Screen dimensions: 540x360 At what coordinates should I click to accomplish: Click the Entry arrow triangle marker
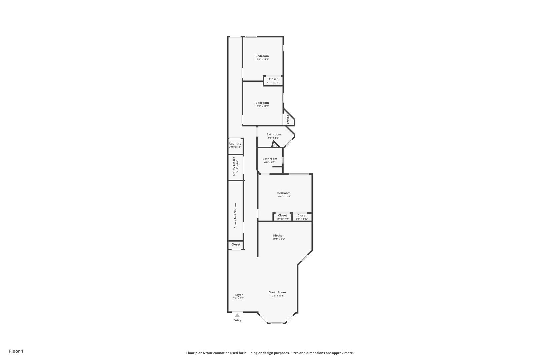(237, 315)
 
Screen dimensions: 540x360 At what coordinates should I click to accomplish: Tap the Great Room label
(277, 292)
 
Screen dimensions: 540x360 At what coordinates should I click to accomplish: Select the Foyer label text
(239, 295)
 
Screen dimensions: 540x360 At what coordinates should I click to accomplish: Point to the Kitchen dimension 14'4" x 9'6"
(279, 239)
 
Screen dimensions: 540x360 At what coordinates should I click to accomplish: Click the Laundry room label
(235, 143)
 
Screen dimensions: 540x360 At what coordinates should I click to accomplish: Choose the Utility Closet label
(234, 166)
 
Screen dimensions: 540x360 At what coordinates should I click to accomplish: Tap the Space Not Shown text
(235, 216)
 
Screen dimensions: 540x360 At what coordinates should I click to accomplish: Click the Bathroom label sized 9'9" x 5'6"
(274, 134)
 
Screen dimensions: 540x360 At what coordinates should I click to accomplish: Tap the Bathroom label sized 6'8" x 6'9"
(270, 159)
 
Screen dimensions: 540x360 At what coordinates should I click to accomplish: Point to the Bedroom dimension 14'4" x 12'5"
(284, 197)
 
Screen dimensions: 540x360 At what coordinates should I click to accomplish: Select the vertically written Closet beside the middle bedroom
(288, 120)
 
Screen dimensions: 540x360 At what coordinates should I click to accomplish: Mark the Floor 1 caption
(16, 351)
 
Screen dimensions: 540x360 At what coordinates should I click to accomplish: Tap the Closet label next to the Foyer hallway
(236, 244)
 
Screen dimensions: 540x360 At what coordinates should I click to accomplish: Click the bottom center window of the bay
(277, 323)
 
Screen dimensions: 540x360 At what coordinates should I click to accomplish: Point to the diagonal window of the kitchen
(305, 258)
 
